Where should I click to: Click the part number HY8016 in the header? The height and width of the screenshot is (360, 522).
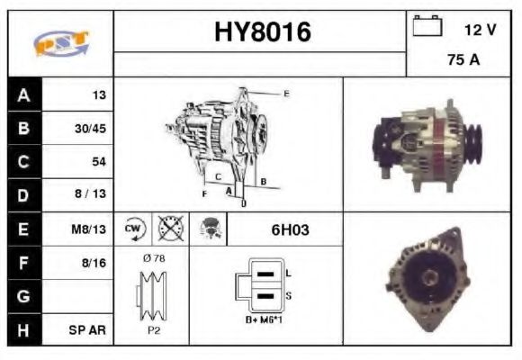pyautogui.click(x=262, y=32)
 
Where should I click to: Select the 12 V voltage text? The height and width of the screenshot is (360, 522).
pyautogui.click(x=480, y=29)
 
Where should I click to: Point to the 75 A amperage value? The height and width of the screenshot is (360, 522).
pyautogui.click(x=463, y=60)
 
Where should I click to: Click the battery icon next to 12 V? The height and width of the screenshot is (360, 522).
pyautogui.click(x=427, y=27)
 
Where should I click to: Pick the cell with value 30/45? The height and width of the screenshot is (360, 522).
pyautogui.click(x=90, y=129)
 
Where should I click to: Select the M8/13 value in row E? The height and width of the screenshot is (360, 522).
pyautogui.click(x=90, y=229)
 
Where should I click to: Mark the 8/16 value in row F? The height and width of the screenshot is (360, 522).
pyautogui.click(x=94, y=263)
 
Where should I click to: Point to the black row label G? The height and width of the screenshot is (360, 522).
pyautogui.click(x=23, y=296)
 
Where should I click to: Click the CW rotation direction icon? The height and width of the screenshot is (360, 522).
pyautogui.click(x=133, y=229)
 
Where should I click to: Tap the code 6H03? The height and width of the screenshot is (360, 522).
pyautogui.click(x=290, y=229)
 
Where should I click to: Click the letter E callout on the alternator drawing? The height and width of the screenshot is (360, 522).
pyautogui.click(x=285, y=93)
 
